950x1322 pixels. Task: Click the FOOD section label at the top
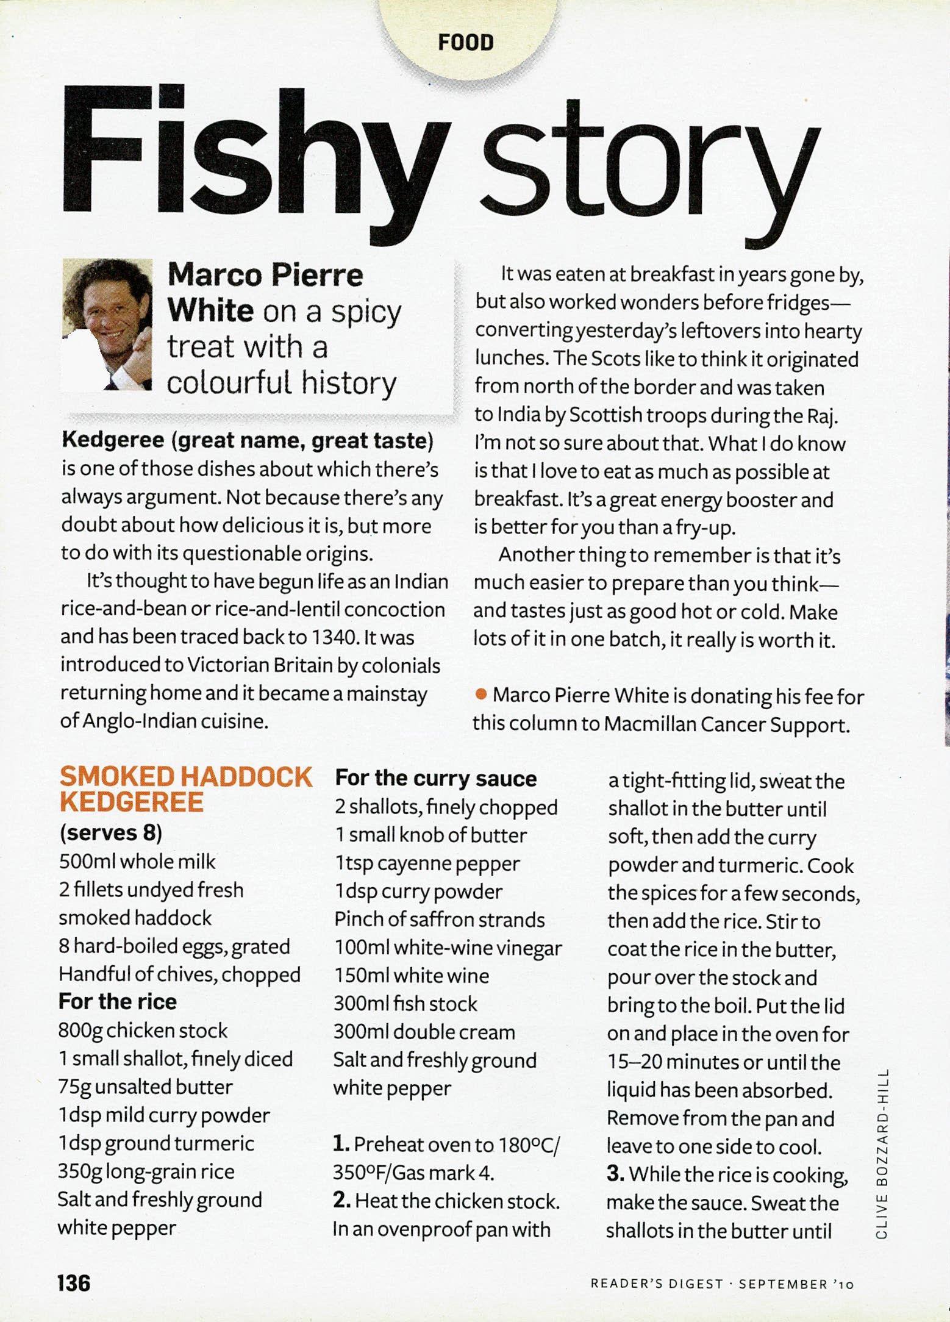pos(465,43)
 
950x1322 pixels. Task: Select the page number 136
pos(74,1282)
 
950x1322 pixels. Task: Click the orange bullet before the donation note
pos(481,694)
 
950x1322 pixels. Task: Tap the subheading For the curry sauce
pos(435,778)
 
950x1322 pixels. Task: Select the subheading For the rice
pos(118,1001)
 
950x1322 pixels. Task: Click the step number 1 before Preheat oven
pos(341,1144)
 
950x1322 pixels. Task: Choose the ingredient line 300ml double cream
pos(424,1032)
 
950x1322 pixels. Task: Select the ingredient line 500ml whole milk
pos(137,861)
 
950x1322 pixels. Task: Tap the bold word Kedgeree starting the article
pos(112,440)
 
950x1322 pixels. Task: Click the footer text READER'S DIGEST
pos(656,1284)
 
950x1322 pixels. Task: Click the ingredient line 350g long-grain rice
pos(146,1171)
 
